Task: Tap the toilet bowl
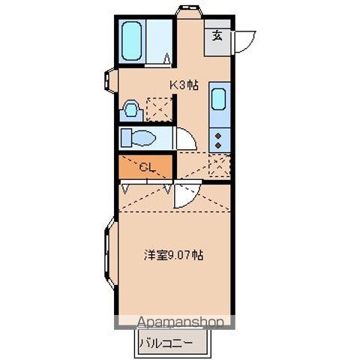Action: coord(141,138)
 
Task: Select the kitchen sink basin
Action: coord(219,99)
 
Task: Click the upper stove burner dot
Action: coord(219,134)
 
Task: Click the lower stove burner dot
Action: coord(219,145)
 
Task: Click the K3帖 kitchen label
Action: coord(183,85)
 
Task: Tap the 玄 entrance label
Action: coord(217,34)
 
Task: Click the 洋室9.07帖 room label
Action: coord(173,254)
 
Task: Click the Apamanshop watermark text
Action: coord(180,322)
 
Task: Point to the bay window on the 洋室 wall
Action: coord(107,259)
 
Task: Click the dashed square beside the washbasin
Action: coord(157,109)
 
